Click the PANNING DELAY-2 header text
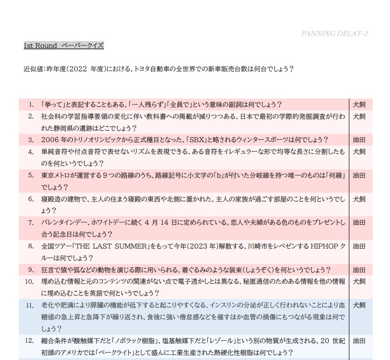coord(334,34)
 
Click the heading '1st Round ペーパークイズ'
coord(63,46)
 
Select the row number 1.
coord(31,104)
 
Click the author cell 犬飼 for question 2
coord(359,117)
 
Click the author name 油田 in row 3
coord(359,140)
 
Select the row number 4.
coord(31,152)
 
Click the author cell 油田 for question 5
coord(359,175)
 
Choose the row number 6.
coord(31,199)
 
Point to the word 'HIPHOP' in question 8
coord(326,246)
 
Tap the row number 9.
coord(31,270)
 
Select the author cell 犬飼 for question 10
coord(359,282)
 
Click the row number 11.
coord(30,306)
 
